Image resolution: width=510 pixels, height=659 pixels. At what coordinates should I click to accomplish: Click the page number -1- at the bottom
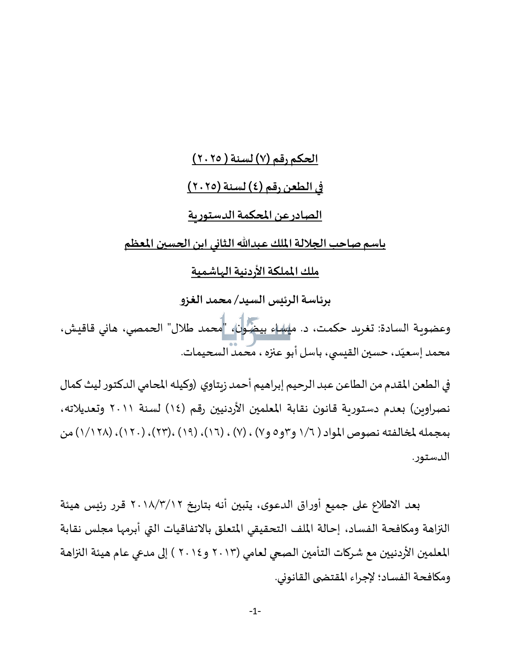click(255, 611)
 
